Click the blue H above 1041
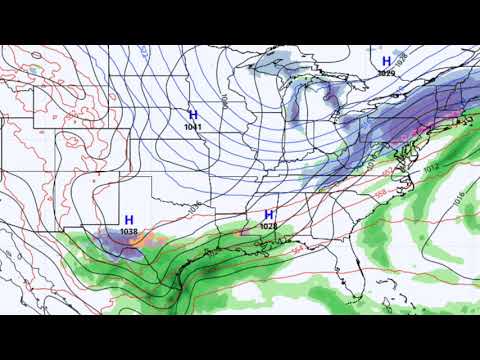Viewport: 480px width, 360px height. (193, 116)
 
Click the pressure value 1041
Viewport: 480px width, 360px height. (193, 128)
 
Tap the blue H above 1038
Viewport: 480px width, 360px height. (129, 219)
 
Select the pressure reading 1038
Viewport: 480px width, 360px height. (129, 231)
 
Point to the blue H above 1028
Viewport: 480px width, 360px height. (268, 215)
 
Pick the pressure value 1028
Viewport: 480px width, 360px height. (267, 227)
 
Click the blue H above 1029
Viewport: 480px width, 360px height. (386, 61)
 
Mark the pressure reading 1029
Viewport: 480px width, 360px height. (386, 73)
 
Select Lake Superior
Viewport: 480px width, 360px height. (285, 68)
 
